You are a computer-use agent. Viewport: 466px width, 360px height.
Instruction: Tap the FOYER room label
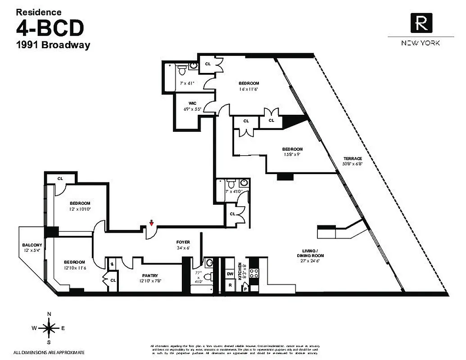click(183, 242)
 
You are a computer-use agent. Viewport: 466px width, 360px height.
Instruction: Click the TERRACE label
click(353, 159)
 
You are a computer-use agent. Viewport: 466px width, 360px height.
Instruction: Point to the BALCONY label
click(32, 245)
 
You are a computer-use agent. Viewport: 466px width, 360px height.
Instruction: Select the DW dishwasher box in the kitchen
click(230, 273)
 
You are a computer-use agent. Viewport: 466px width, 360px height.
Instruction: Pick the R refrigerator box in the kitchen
click(230, 285)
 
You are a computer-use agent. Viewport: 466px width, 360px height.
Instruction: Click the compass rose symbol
click(50, 328)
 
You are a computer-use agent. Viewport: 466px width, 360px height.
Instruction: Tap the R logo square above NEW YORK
click(421, 22)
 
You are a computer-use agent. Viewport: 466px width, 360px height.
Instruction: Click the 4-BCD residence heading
click(50, 28)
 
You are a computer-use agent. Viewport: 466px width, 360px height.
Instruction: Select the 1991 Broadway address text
click(53, 45)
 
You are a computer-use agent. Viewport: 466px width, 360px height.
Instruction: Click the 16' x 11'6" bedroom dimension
click(249, 90)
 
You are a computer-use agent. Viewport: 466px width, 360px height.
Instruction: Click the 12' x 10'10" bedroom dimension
click(80, 209)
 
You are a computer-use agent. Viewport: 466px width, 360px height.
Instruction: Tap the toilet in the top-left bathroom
click(181, 70)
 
